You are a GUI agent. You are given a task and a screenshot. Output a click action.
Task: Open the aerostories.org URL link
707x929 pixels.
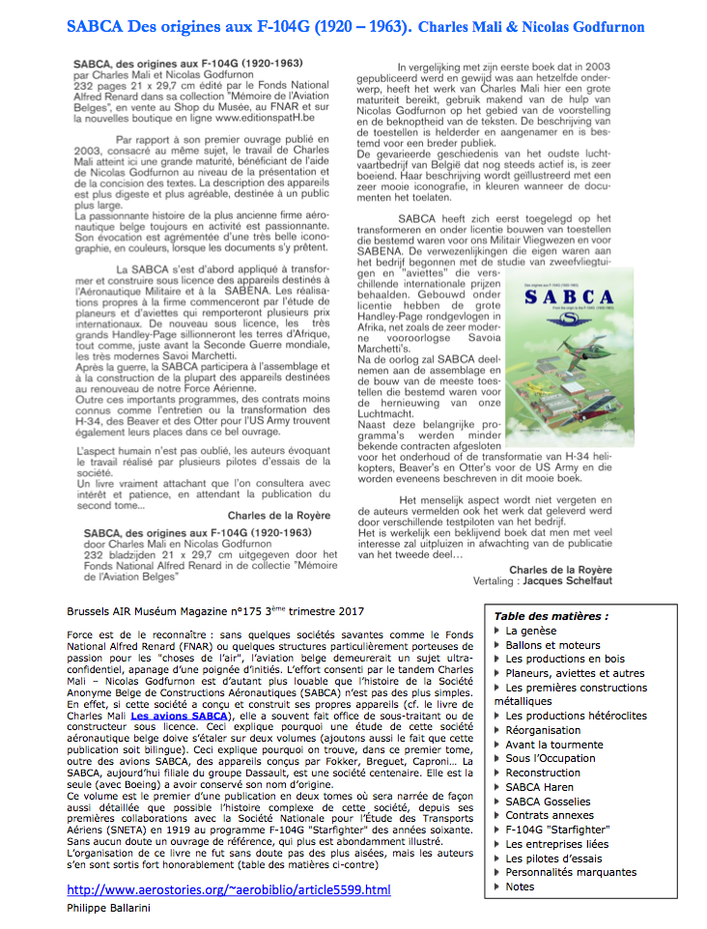[229, 889]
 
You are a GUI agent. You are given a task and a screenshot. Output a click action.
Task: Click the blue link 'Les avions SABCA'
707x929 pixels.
[180, 716]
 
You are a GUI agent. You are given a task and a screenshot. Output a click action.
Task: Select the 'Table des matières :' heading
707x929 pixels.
[551, 616]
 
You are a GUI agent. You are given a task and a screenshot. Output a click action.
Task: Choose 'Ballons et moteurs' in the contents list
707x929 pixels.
[552, 645]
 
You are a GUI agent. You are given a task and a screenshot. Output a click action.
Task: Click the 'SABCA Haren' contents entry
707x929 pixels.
[539, 787]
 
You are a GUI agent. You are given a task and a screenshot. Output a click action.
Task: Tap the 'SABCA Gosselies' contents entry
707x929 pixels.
[549, 802]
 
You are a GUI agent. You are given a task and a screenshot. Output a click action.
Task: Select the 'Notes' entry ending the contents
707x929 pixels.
[520, 887]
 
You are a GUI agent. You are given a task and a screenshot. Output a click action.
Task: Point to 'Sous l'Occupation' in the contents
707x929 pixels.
[551, 758]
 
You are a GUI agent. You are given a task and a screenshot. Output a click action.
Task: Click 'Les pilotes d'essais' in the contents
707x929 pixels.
[554, 859]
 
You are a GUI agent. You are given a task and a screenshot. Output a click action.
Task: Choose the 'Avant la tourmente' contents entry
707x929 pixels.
[553, 745]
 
